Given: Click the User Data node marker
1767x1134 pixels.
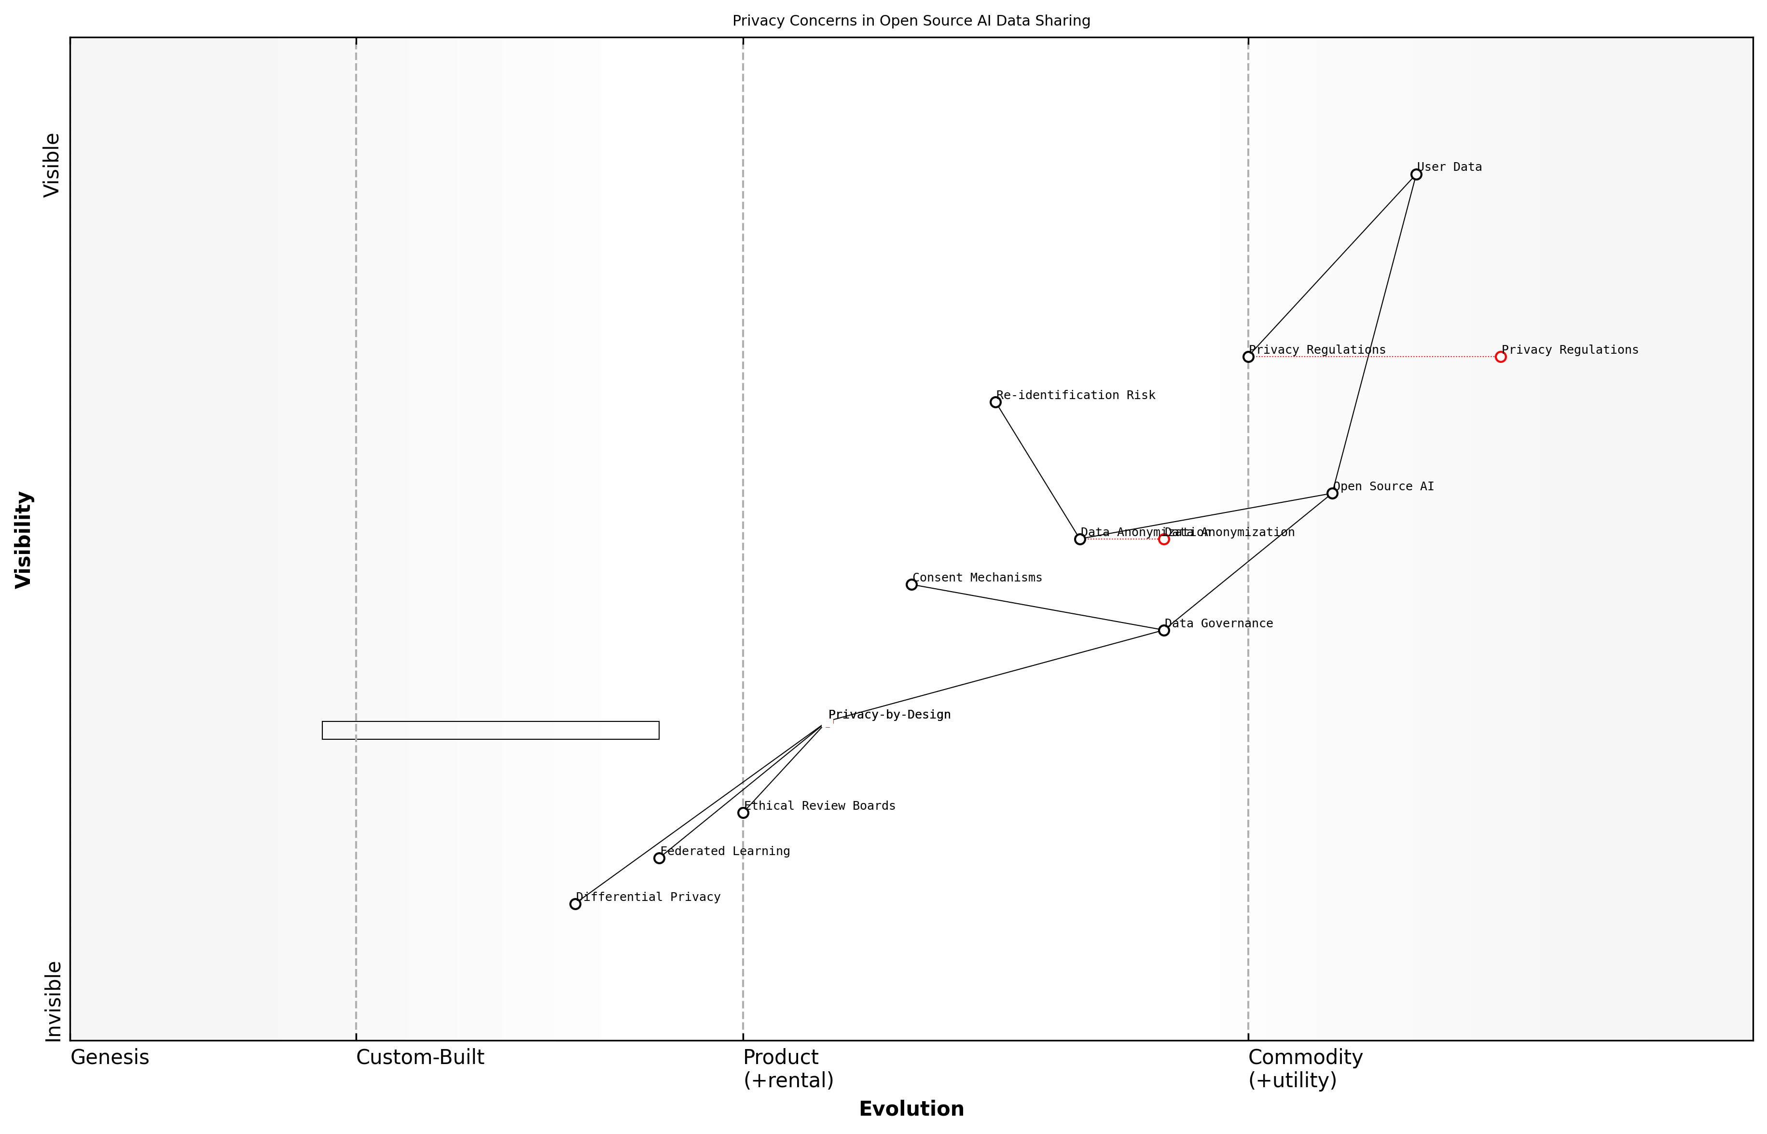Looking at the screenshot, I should tap(1416, 175).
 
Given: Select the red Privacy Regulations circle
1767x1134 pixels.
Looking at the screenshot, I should tap(1501, 357).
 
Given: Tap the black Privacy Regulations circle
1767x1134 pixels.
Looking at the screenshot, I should tap(1248, 357).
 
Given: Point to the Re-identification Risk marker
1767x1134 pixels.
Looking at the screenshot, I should tap(995, 402).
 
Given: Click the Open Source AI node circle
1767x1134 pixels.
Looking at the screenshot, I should tap(1332, 493).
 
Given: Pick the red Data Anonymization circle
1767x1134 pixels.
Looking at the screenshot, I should tap(1164, 539).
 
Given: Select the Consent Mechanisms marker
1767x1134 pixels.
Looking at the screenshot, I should tap(911, 585).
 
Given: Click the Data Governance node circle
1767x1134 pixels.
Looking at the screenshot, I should tap(1164, 630).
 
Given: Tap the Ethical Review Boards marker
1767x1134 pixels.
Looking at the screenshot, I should tap(743, 813).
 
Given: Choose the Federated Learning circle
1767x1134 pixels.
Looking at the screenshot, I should tap(659, 858).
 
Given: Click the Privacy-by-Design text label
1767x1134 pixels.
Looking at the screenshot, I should tap(889, 714).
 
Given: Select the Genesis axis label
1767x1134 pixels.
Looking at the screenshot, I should tap(110, 1057).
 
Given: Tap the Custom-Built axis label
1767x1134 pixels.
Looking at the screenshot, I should tap(420, 1057).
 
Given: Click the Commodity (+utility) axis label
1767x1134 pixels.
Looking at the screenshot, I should tap(1305, 1068).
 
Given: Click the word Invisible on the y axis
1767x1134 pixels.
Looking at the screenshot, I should tap(53, 1001).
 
